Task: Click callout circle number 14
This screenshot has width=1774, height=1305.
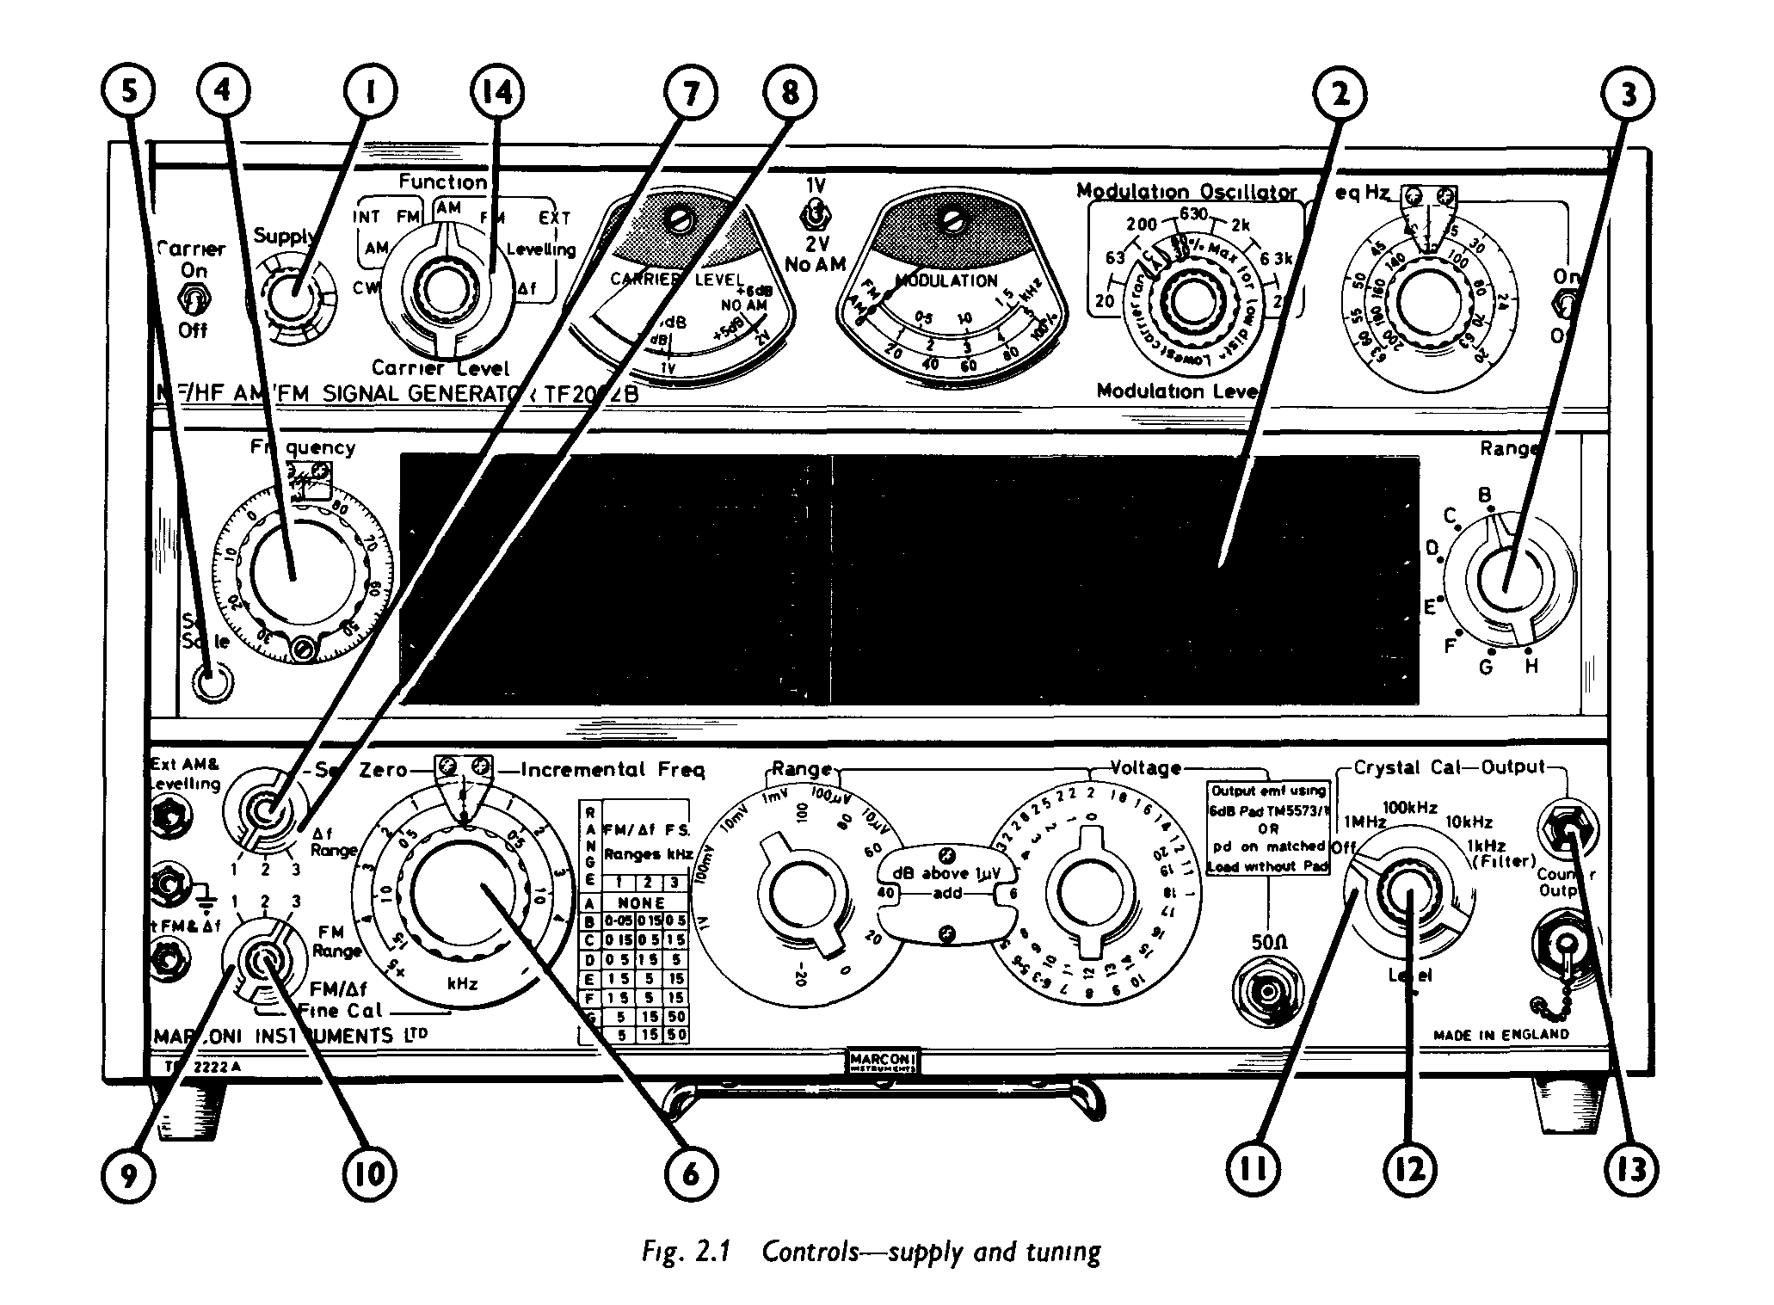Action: point(497,91)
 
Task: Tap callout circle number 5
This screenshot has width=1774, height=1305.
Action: point(128,91)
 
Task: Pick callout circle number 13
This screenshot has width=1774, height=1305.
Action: point(1629,1170)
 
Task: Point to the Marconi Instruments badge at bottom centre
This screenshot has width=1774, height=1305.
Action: point(882,1062)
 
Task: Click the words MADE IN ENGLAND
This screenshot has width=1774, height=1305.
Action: point(1501,1034)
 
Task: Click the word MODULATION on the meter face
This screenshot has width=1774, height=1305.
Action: point(946,280)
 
